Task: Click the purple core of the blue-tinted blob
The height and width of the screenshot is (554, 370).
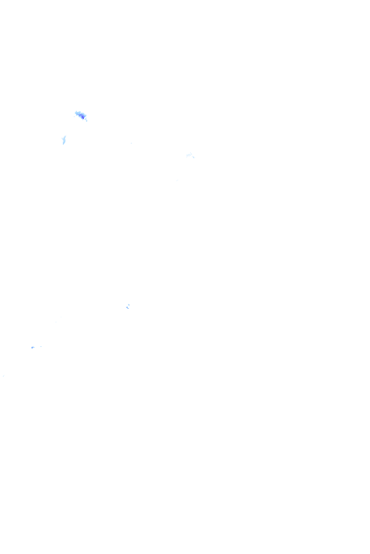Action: pyautogui.click(x=81, y=115)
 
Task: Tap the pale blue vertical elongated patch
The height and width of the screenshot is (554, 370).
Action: pyautogui.click(x=64, y=139)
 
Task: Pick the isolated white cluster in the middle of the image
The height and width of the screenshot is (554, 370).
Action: pyautogui.click(x=128, y=307)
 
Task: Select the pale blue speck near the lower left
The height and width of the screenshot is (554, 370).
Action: pyautogui.click(x=33, y=347)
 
